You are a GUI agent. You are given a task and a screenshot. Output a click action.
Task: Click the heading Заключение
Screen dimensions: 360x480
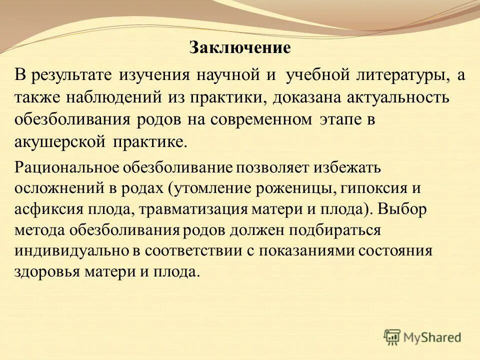(x=240, y=48)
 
